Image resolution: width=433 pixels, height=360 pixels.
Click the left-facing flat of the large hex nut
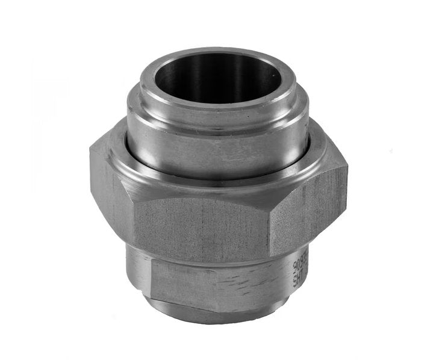(112, 187)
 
